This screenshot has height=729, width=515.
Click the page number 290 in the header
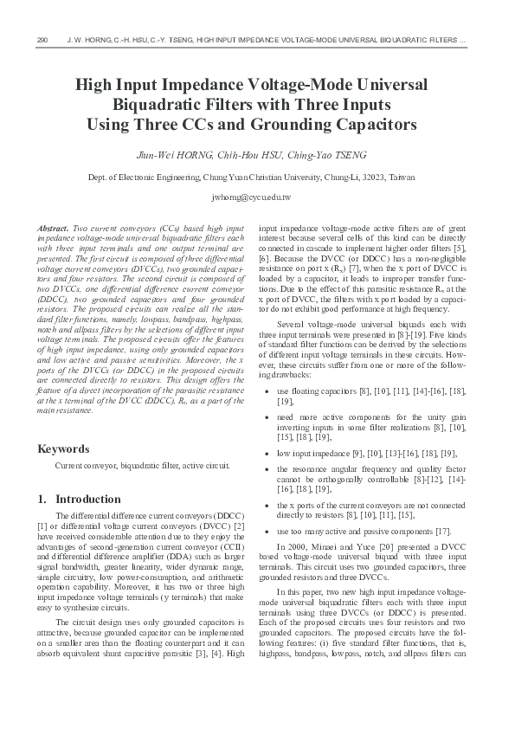pyautogui.click(x=44, y=41)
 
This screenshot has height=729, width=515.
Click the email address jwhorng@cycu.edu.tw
pyautogui.click(x=257, y=197)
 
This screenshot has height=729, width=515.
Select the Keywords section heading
pyautogui.click(x=64, y=448)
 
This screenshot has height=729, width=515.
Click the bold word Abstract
pyautogui.click(x=55, y=226)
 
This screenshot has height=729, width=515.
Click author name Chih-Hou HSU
pyautogui.click(x=251, y=155)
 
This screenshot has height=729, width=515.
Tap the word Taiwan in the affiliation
pyautogui.click(x=400, y=177)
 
